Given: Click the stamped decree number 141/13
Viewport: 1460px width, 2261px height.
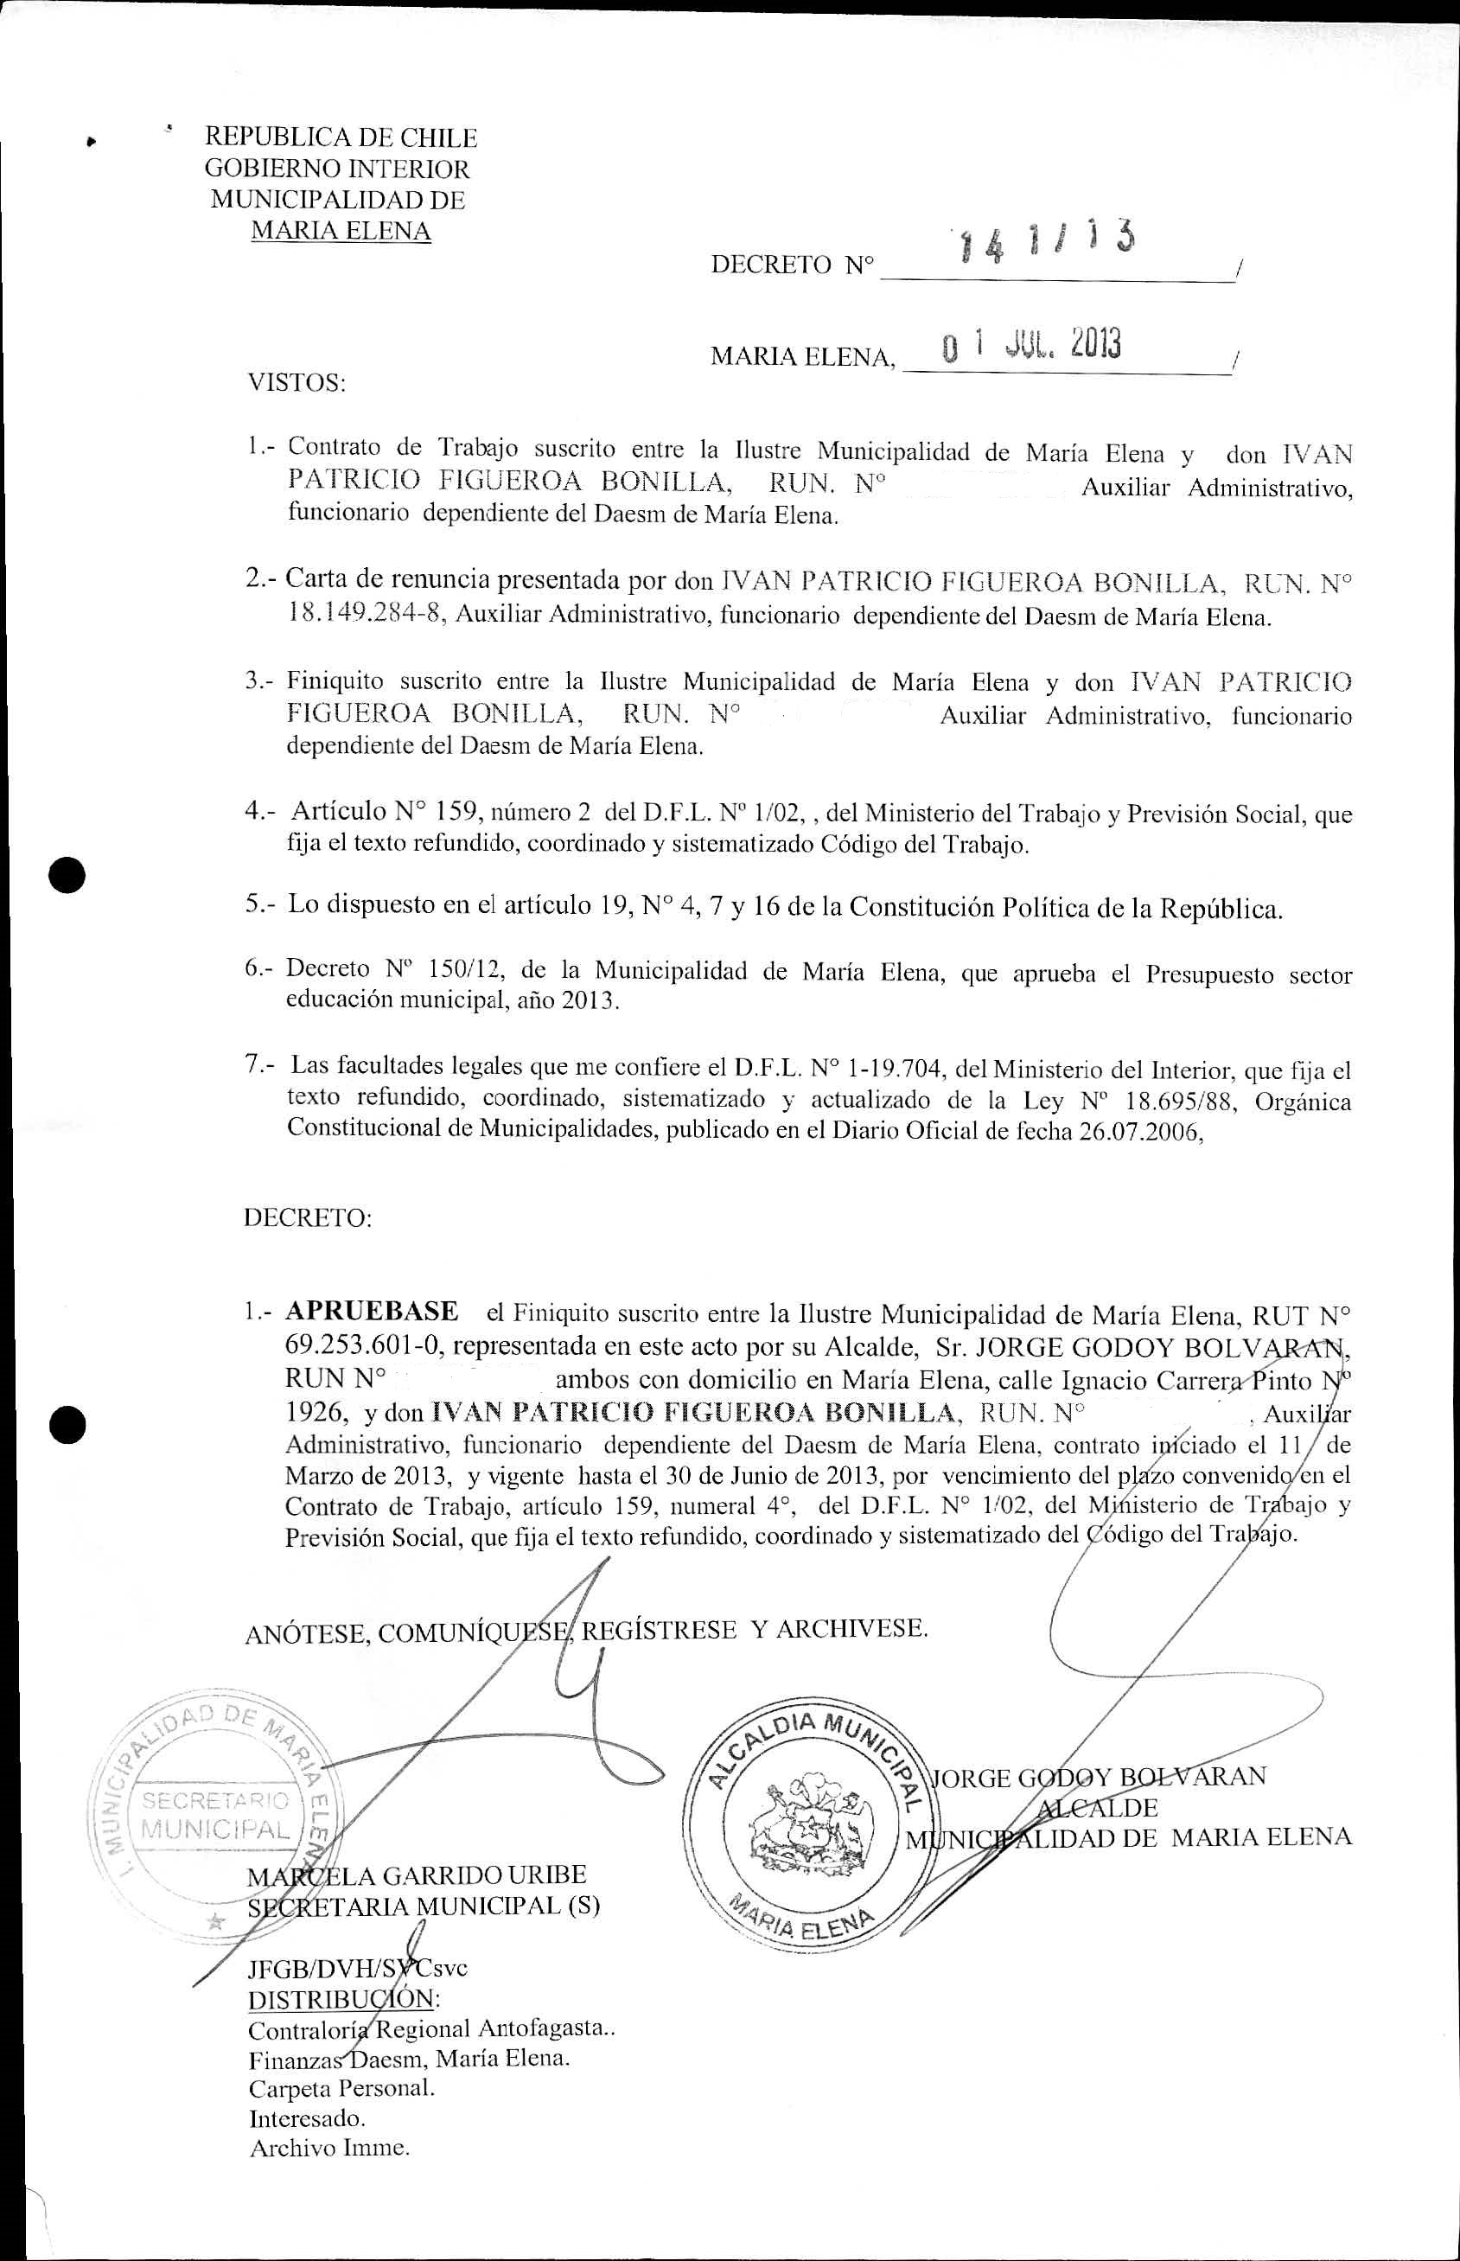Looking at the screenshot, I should point(1047,246).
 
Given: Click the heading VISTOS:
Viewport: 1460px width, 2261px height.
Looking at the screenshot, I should point(296,383).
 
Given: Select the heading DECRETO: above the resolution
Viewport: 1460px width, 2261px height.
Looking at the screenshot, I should point(307,1217).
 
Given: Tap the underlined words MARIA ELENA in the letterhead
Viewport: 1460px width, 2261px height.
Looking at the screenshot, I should point(341,230).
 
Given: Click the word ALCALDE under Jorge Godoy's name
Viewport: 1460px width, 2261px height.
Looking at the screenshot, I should point(1099,1808).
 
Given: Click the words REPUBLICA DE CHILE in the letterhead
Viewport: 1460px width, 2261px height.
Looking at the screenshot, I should point(341,138).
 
